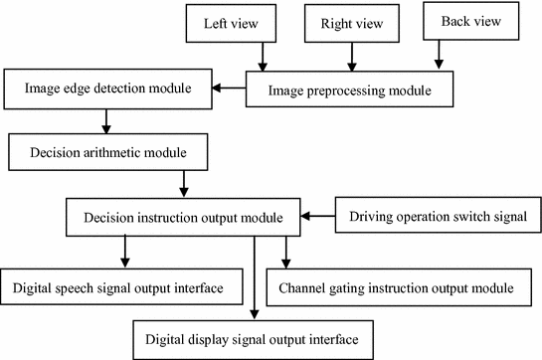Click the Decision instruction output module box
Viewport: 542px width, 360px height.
[x=184, y=216]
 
